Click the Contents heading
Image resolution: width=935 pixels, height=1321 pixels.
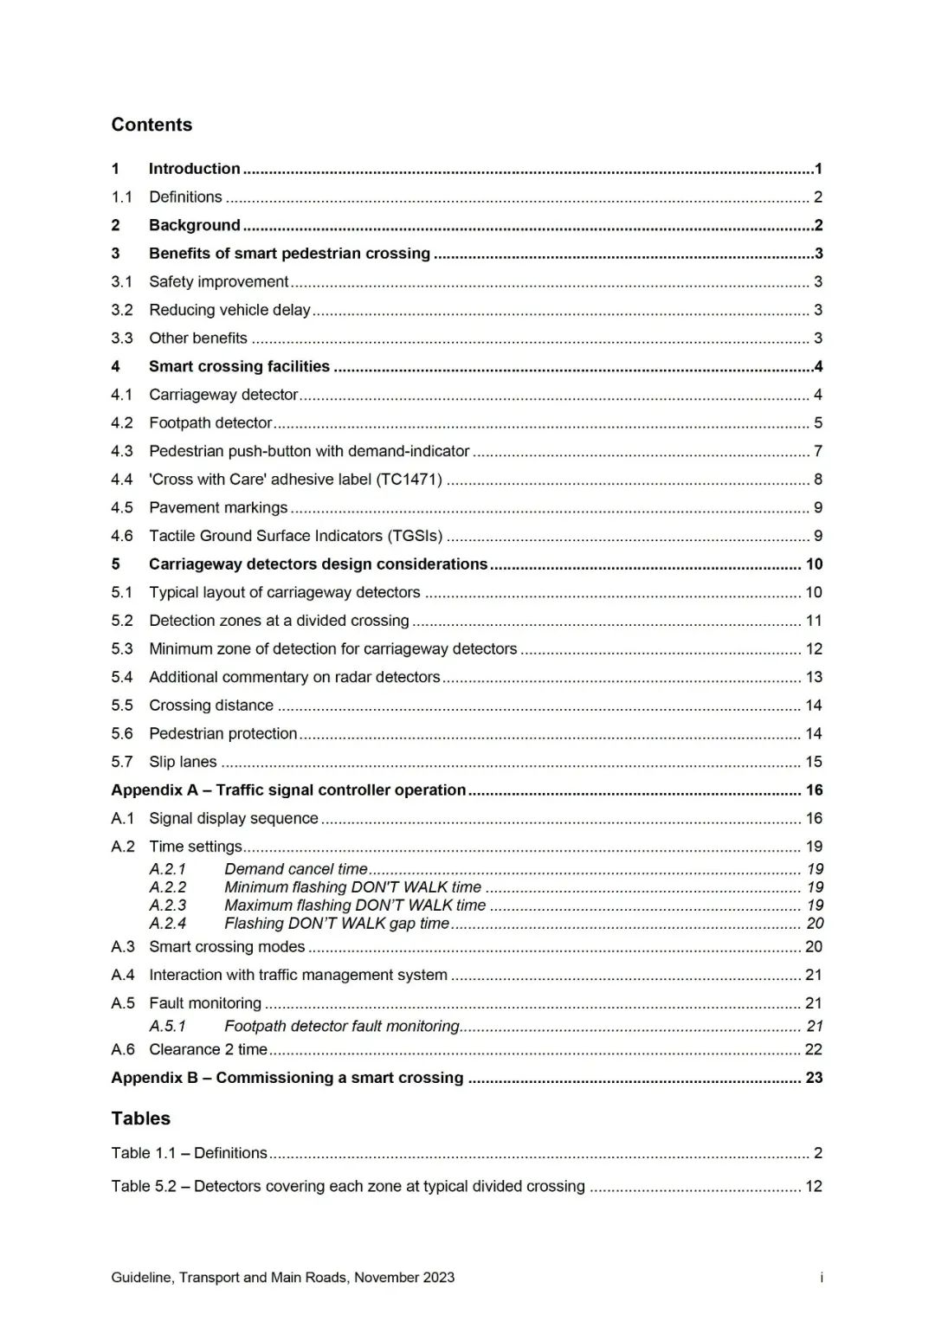tap(152, 125)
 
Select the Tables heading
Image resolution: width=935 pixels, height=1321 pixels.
tap(140, 1118)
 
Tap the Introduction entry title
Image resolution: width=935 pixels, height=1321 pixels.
tap(194, 169)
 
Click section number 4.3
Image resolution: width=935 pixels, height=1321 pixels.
tap(122, 451)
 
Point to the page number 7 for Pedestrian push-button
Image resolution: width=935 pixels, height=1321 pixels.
tap(817, 451)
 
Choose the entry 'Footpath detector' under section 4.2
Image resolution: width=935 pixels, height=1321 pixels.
tap(210, 423)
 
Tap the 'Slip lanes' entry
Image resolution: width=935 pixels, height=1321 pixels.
tap(183, 762)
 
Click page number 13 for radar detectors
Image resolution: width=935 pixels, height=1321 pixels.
tap(814, 677)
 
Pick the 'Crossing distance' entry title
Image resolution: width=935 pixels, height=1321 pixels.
tap(211, 706)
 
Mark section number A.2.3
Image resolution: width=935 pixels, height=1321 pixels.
tap(167, 905)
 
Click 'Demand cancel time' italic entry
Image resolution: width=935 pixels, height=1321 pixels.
tap(296, 869)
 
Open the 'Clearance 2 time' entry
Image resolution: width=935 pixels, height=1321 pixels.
tap(208, 1049)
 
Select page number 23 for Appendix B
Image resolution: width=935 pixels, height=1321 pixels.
tap(814, 1078)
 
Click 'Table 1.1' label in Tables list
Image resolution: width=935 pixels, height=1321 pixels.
tap(143, 1153)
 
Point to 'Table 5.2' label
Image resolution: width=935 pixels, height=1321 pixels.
tap(143, 1186)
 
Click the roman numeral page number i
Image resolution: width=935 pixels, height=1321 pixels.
tap(821, 1278)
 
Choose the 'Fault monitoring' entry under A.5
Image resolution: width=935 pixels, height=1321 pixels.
tap(205, 1003)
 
